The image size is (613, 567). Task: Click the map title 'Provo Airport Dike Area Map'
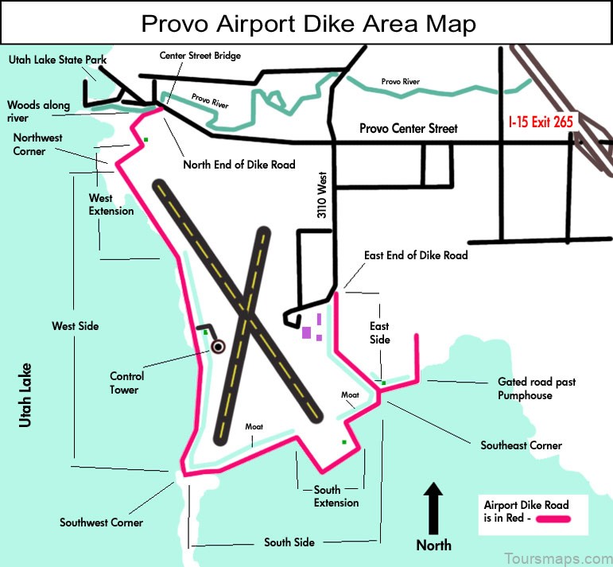308,23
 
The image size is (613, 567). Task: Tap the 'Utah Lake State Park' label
57,60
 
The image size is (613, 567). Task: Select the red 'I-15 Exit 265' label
541,123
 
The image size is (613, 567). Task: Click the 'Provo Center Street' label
409,128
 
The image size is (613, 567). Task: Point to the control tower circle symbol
217,347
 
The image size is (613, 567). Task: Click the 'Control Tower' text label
127,383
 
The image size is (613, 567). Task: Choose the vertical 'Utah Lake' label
25,395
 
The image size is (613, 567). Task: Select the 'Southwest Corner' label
102,522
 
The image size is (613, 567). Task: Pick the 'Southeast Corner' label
521,445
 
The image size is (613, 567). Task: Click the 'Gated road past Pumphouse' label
537,388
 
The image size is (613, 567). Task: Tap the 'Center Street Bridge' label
200,56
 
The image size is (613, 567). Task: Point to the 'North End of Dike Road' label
239,165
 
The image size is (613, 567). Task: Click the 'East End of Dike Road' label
416,255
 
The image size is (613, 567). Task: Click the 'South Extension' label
336,496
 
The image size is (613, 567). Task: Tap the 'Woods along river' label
38,111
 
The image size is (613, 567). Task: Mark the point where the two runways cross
249,316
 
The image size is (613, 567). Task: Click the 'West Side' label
76,326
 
